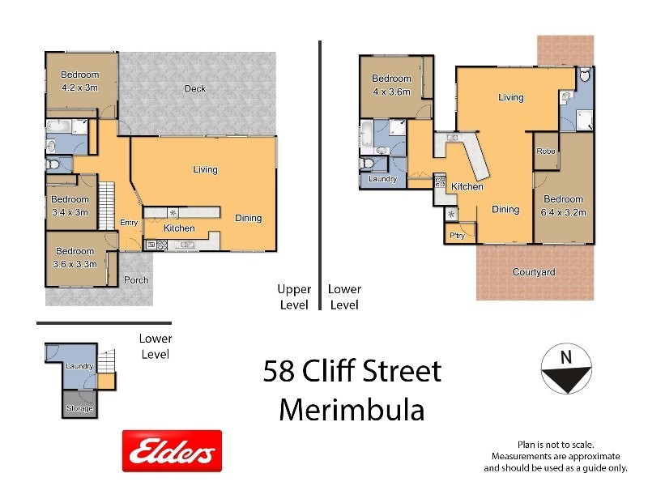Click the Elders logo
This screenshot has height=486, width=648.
click(x=172, y=451)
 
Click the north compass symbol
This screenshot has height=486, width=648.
click(x=565, y=369)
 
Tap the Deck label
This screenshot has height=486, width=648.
click(x=194, y=89)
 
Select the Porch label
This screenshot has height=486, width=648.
click(x=135, y=280)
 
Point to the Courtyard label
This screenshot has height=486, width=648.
click(x=534, y=272)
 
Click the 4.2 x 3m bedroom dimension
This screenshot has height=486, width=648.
click(x=80, y=87)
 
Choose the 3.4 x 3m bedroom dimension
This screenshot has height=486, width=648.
click(x=70, y=212)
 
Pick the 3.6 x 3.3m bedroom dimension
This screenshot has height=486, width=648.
click(x=75, y=264)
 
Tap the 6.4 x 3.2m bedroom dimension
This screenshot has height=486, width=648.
click(x=563, y=212)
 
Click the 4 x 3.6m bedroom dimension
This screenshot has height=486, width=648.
click(x=391, y=92)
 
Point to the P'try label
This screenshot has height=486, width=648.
click(x=457, y=236)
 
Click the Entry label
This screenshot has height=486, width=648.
click(x=129, y=223)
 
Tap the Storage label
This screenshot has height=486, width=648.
click(x=79, y=409)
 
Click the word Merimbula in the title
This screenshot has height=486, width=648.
click(x=352, y=409)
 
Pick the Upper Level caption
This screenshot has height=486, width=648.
click(x=294, y=296)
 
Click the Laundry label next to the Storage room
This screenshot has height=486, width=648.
click(x=80, y=366)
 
